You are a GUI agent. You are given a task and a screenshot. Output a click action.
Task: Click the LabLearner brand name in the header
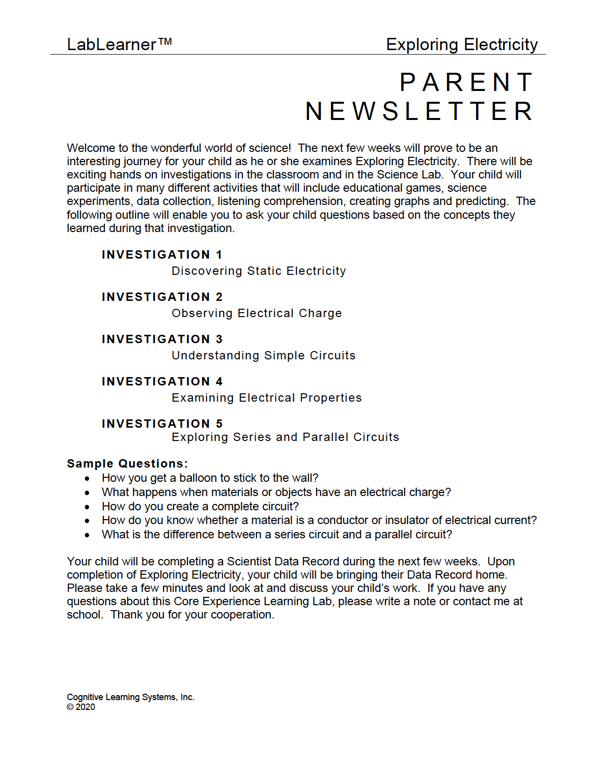[112, 45]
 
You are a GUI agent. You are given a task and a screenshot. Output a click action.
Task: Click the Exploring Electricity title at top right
[462, 45]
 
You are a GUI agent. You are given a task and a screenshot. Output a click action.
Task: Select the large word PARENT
[467, 82]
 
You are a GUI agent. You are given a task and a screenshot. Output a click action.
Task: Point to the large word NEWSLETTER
[419, 111]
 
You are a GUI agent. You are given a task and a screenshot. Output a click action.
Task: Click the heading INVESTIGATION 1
[162, 255]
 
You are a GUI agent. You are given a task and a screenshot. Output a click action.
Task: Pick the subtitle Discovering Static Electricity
[259, 271]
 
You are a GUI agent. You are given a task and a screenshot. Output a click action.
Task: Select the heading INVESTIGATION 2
[162, 297]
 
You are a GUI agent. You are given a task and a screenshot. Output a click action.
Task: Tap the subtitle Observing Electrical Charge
[257, 313]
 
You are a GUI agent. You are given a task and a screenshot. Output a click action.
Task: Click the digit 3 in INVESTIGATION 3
[219, 339]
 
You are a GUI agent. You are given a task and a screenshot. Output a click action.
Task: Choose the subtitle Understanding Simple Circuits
[264, 355]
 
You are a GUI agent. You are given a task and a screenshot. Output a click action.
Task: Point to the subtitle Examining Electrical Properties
[266, 398]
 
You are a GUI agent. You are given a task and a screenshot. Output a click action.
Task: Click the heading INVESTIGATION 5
[162, 424]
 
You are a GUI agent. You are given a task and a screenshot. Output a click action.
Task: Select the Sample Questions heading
[127, 464]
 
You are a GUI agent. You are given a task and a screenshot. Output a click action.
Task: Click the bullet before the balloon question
[87, 478]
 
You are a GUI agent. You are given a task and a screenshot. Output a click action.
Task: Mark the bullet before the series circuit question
[87, 535]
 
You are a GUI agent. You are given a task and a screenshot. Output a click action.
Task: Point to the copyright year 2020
[86, 707]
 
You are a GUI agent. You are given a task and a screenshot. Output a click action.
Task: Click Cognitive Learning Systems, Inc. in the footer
[130, 697]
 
